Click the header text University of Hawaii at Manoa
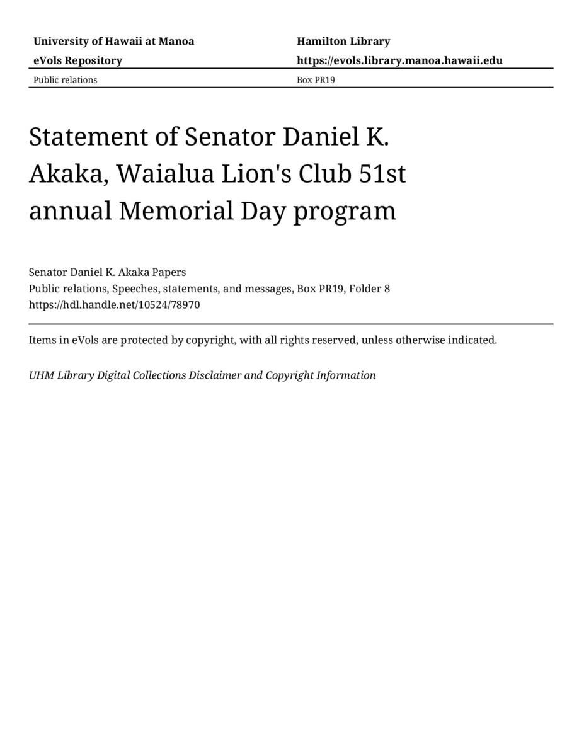(x=113, y=42)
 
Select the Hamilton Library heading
(x=343, y=42)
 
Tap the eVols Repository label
(x=77, y=60)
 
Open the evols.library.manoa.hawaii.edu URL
(x=399, y=60)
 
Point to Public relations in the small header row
(x=66, y=80)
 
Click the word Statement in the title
(x=100, y=137)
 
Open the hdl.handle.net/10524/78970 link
(x=115, y=305)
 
